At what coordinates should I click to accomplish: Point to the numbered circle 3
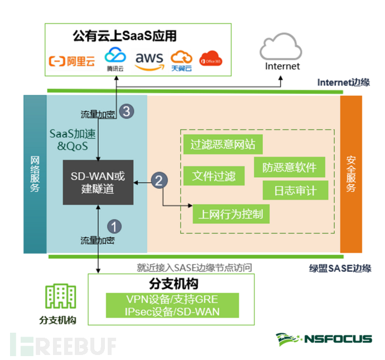(127, 111)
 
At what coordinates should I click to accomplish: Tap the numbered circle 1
(114, 226)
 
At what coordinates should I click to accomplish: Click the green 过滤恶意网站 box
(223, 145)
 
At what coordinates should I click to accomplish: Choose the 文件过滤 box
(214, 177)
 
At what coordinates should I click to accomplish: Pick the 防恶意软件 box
(290, 167)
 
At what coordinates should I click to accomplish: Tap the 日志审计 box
(295, 191)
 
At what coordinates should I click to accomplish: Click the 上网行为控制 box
(231, 213)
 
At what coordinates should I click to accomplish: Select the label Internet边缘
(344, 82)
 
